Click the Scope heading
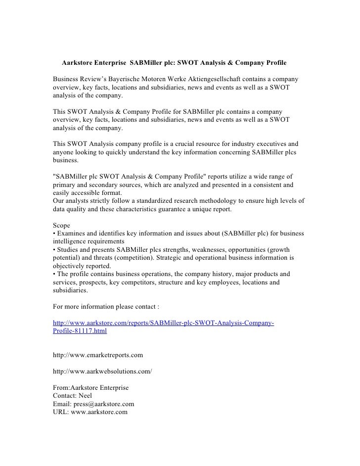(x=62, y=225)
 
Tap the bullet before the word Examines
(x=54, y=233)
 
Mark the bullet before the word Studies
(x=54, y=249)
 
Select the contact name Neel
(x=85, y=395)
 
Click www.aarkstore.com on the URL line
(x=99, y=411)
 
